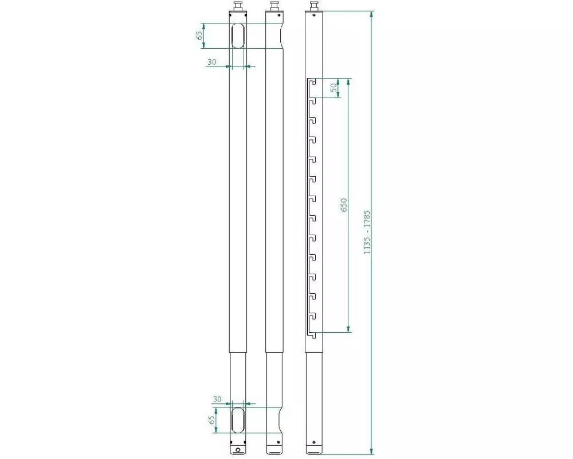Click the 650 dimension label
pos(343,205)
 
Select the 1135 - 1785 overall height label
pos(367,232)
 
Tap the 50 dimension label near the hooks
pos(333,87)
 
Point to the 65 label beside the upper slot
pos(199,36)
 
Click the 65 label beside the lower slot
pos(211,420)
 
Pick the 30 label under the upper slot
pos(211,62)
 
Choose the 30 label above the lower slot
pos(217,399)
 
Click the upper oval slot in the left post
pos(238,36)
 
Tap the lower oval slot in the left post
pos(238,420)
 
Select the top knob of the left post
pos(238,6)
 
